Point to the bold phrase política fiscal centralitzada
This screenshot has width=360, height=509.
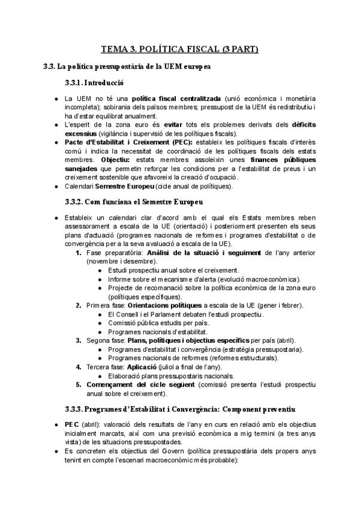point(176,98)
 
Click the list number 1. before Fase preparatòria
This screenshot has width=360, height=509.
point(80,253)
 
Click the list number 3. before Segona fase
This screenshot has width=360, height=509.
point(80,340)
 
